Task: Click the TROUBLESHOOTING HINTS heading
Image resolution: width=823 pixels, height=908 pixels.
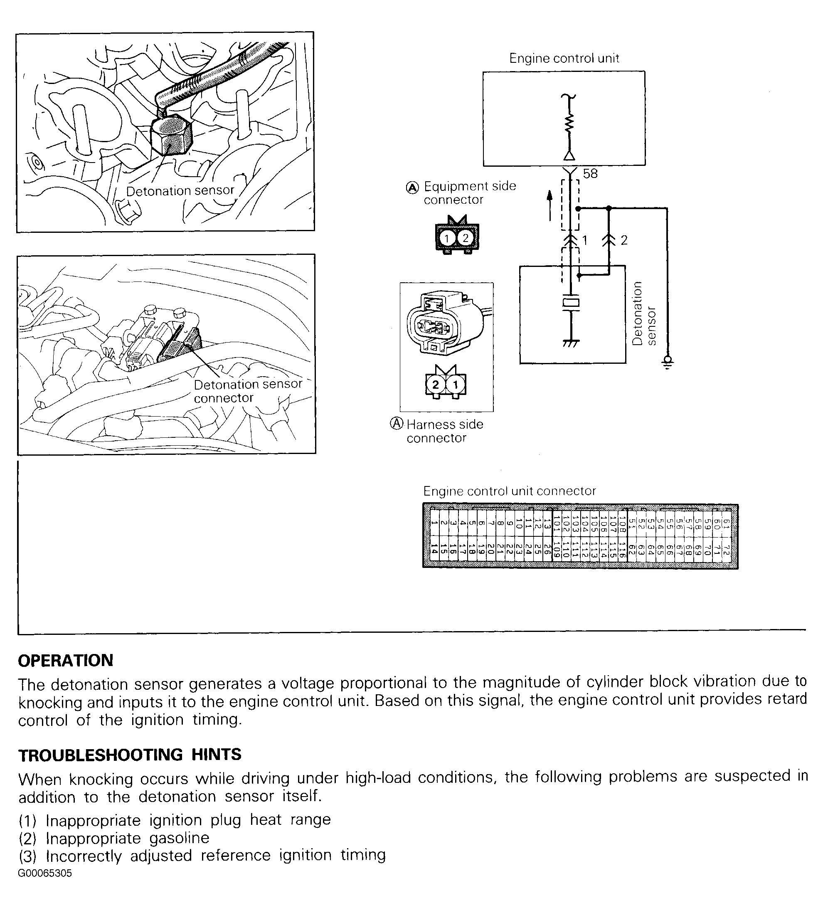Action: pos(130,755)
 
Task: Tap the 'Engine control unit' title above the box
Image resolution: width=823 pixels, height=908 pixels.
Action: pos(564,58)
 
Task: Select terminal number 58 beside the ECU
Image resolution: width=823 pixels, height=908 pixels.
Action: pos(590,174)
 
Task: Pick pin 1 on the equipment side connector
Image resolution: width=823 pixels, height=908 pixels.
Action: pos(447,238)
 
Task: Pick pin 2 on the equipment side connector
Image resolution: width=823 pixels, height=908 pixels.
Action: pos(466,238)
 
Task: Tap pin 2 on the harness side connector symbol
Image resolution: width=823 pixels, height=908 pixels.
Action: pos(435,385)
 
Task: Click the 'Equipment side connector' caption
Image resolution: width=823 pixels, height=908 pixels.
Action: pos(469,193)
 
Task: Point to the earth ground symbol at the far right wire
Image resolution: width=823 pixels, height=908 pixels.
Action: pos(667,362)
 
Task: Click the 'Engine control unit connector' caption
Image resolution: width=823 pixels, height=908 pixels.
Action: pos(509,491)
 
